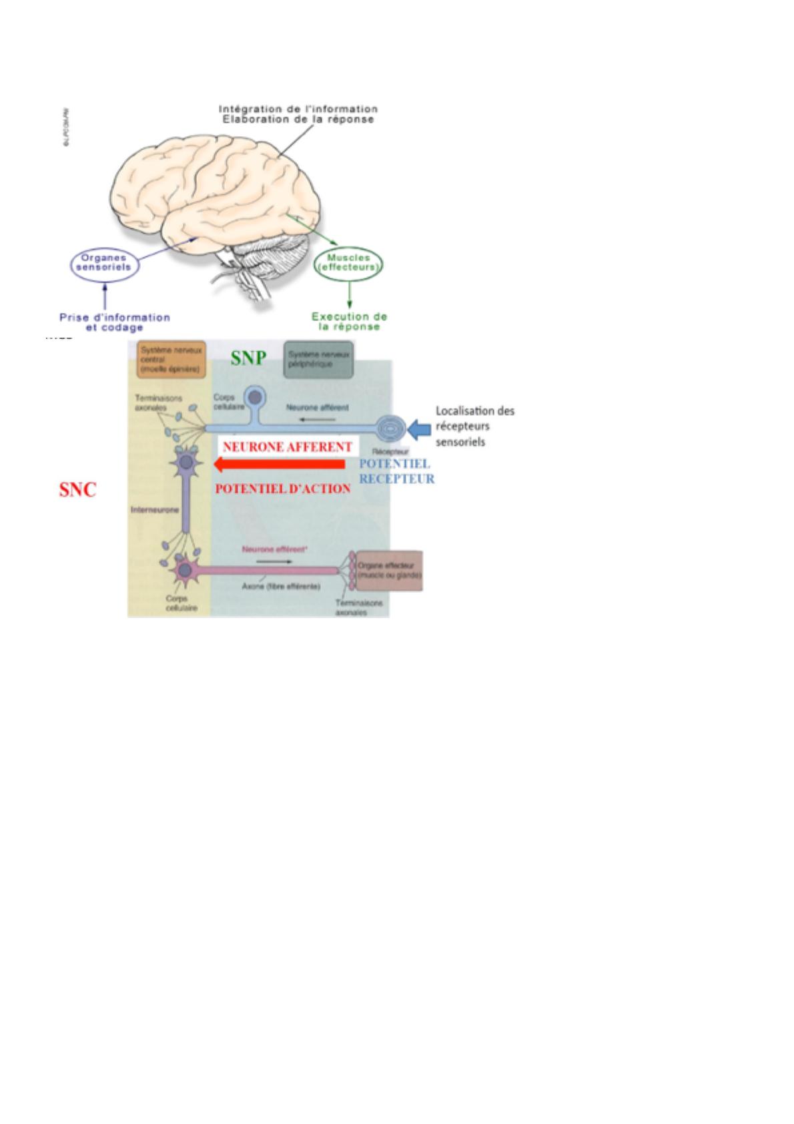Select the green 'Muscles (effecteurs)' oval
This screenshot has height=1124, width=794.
[x=348, y=263]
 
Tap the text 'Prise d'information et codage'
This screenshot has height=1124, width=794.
[x=114, y=322]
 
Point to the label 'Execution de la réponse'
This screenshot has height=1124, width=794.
[x=349, y=322]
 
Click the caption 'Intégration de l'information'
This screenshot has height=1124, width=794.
[x=298, y=109]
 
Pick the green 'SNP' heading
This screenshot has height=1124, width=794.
[x=248, y=358]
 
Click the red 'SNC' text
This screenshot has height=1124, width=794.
[x=77, y=490]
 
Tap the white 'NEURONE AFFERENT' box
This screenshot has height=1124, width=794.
[x=288, y=447]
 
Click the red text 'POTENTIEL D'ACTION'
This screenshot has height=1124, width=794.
[x=283, y=489]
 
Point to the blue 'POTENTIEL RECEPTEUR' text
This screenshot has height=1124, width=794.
[x=396, y=471]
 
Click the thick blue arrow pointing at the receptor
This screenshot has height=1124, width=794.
[x=418, y=429]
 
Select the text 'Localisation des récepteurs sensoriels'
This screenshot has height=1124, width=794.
[x=474, y=426]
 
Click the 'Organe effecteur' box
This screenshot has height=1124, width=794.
[x=389, y=570]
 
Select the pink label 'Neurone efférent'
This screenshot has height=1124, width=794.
[x=274, y=549]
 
